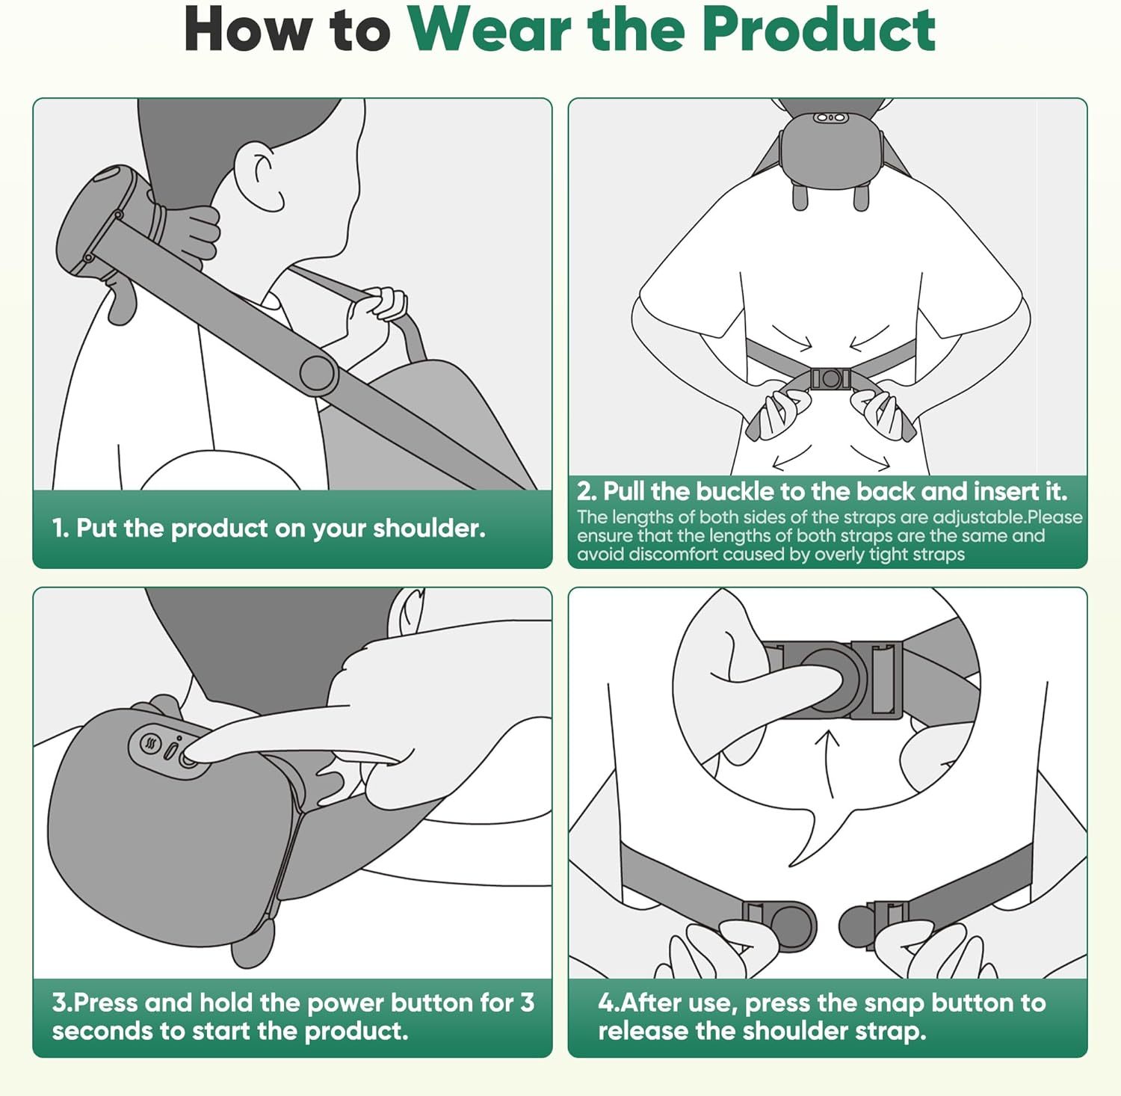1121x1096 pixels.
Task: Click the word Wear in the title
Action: coord(490,30)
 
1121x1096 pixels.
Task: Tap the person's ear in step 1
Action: coord(259,178)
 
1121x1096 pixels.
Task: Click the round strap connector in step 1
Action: coord(318,374)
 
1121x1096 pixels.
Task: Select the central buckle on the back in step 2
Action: coord(830,378)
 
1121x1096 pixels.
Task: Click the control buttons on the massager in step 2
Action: coord(830,118)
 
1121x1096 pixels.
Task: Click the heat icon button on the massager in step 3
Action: coord(152,745)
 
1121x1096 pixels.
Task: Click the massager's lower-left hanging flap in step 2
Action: coord(800,196)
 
